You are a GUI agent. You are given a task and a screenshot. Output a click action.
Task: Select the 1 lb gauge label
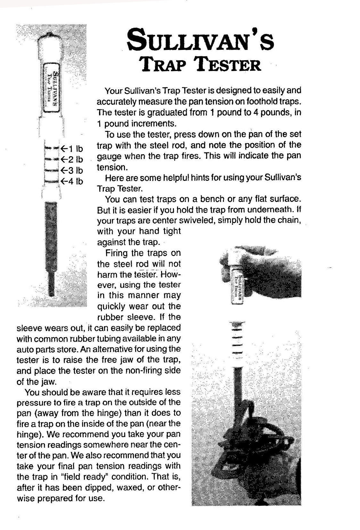pyautogui.click(x=72, y=149)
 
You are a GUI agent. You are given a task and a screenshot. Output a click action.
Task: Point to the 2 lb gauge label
pyautogui.click(x=72, y=159)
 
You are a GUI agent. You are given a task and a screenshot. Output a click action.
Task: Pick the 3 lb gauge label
pyautogui.click(x=72, y=170)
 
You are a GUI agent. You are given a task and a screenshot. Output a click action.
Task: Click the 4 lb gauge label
pyautogui.click(x=72, y=181)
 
